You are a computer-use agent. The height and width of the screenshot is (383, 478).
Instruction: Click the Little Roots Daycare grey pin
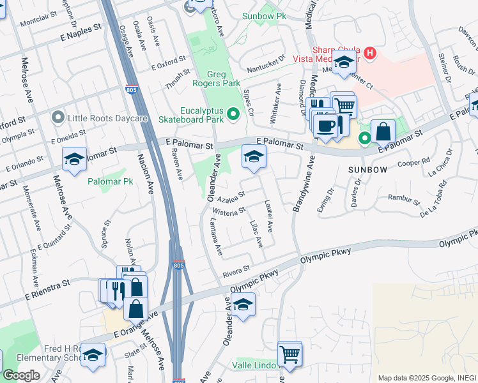click(59, 117)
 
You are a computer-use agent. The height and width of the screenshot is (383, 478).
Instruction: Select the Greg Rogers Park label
click(217, 78)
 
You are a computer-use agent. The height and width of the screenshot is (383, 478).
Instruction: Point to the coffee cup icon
click(326, 125)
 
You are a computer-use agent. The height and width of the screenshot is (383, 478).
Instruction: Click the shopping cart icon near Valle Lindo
click(290, 354)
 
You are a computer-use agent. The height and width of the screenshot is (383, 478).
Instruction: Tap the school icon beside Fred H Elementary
click(93, 355)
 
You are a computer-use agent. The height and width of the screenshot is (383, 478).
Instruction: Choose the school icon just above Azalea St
click(254, 157)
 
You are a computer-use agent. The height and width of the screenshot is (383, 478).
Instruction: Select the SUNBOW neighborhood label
click(367, 170)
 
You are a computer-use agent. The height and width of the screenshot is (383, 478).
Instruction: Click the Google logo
click(21, 375)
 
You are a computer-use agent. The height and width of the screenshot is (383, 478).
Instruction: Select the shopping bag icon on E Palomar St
click(383, 132)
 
